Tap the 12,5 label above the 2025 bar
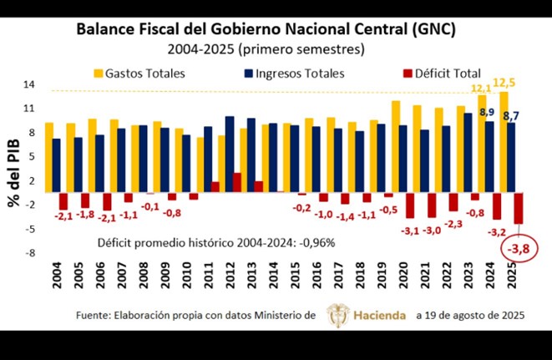(x=504, y=83)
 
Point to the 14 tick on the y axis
(x=29, y=84)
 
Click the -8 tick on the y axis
(x=29, y=252)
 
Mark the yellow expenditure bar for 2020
(x=395, y=146)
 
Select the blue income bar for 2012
(x=230, y=154)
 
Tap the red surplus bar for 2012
(x=237, y=182)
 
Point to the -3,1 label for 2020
(x=410, y=230)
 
